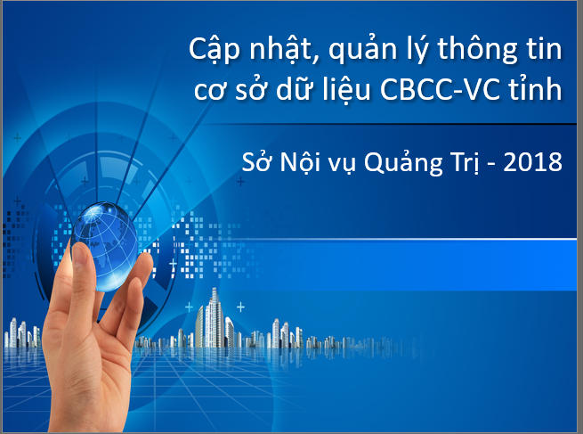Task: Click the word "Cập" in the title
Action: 215,50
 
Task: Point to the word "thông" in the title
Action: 477,50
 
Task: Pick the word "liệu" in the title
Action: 346,90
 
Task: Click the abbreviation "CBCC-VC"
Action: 440,89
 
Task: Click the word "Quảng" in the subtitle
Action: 403,161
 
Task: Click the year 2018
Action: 532,162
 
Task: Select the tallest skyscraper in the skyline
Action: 214,317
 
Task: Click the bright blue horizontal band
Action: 409,265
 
